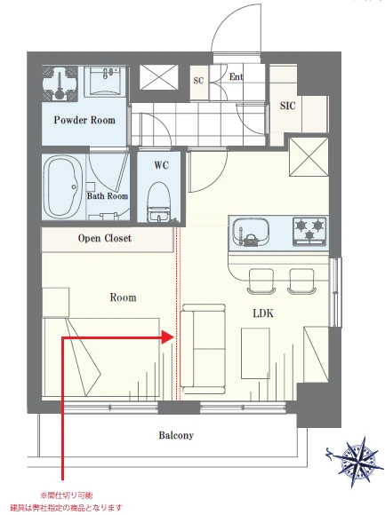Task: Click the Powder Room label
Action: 84,120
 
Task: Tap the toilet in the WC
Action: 159,202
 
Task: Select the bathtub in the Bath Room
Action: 63,186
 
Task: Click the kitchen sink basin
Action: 251,231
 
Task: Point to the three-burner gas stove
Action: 309,231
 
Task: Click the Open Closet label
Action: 105,238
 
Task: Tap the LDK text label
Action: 263,313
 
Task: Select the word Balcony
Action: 176,435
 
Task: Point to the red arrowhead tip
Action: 173,337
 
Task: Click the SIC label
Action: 288,106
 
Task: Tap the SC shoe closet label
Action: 198,81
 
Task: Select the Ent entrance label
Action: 236,77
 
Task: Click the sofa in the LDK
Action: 203,349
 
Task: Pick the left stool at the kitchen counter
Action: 261,281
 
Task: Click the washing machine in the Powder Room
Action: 60,83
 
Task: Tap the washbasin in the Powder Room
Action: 105,82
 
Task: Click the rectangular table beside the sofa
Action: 255,353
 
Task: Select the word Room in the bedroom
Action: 123,297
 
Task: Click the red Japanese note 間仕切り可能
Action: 67,495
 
